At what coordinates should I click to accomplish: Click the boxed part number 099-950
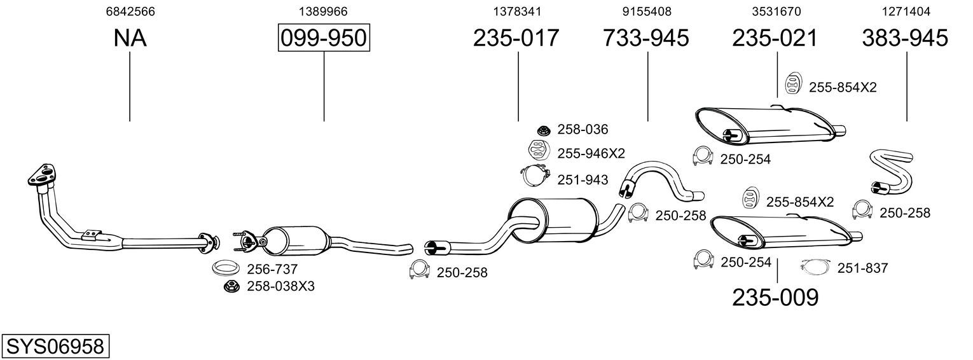click(324, 38)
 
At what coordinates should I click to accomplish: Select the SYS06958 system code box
click(55, 346)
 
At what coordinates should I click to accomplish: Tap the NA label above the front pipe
click(130, 38)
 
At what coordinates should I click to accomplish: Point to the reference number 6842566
click(130, 11)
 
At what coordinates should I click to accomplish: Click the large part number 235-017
click(516, 38)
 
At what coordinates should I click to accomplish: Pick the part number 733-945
click(645, 38)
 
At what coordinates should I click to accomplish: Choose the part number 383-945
click(905, 38)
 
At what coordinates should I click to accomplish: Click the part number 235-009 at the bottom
click(775, 298)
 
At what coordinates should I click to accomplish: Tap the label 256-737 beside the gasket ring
click(272, 269)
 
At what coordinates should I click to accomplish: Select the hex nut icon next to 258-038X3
click(231, 286)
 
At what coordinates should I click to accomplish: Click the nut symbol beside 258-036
click(543, 129)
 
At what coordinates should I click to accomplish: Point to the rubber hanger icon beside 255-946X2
click(539, 150)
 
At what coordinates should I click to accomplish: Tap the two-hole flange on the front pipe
click(42, 176)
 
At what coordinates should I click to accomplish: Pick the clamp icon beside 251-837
click(815, 267)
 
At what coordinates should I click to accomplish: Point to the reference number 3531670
click(776, 11)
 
